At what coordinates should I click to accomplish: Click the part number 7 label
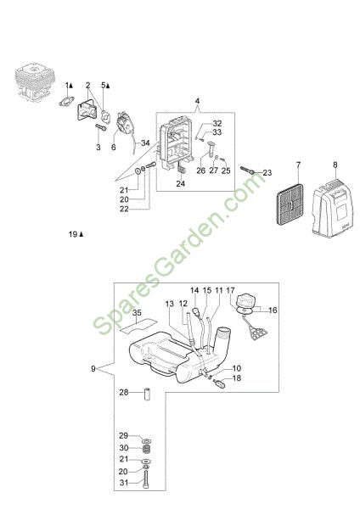coord(299,165)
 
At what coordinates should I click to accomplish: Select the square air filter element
coord(290,204)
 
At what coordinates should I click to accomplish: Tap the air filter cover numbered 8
coord(332,207)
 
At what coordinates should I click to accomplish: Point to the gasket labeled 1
coord(66,101)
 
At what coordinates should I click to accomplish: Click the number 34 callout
coord(145,143)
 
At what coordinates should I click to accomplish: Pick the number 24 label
coord(181,183)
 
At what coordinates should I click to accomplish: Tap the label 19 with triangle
coord(76,234)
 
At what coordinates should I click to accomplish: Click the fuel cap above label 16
coord(247,300)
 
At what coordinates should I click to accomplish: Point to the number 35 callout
coord(137,312)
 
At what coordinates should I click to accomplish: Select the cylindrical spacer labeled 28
coord(147,394)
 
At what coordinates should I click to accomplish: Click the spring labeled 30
coord(147,450)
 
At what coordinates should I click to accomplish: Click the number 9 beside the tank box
coord(93,369)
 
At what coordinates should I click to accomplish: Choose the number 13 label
coord(170,304)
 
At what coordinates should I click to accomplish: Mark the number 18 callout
coord(237,378)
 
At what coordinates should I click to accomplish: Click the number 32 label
coord(217,123)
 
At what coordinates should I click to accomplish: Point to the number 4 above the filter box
coord(197,101)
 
